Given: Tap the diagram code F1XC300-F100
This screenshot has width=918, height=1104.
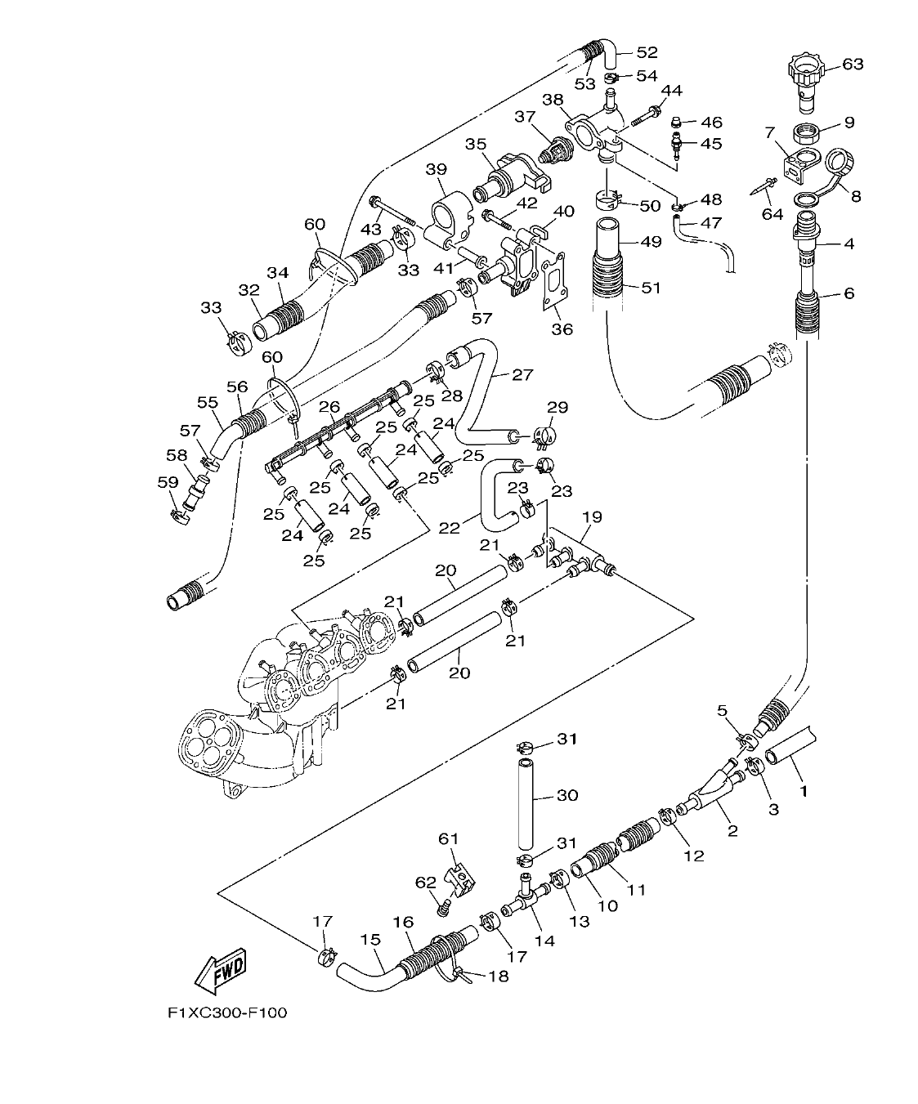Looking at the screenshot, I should tap(227, 1012).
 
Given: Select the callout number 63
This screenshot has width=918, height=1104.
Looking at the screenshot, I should tap(853, 64).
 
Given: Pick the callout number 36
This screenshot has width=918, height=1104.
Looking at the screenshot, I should tap(562, 329).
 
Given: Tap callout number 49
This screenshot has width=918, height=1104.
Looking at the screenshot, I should tap(651, 242).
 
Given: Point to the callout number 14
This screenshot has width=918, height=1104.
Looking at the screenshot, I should tap(544, 941).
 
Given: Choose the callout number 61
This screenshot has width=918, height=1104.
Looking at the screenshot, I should tap(449, 838).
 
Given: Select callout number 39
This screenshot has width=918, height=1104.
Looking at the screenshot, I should tap(437, 169).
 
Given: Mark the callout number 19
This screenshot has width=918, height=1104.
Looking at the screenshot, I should tap(592, 516).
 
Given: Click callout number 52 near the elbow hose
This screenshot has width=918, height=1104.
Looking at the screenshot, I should tap(647, 52).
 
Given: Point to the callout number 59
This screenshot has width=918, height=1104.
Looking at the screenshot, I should tap(167, 482).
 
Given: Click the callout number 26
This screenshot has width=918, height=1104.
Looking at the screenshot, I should tap(329, 406).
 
